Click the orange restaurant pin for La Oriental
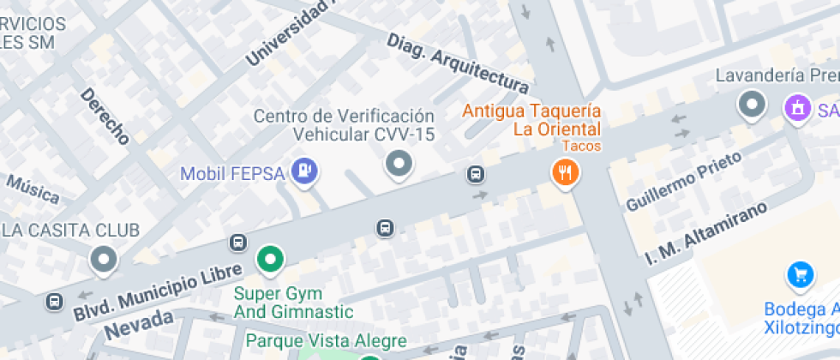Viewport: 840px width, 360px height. click(565, 172)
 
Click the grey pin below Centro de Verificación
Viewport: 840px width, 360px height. click(398, 163)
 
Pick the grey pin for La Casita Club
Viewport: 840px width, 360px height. click(105, 259)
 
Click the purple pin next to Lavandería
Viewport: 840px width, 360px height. click(798, 107)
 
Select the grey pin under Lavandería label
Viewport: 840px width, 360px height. click(752, 105)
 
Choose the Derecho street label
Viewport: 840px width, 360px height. click(105, 115)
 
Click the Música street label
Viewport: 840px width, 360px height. click(32, 189)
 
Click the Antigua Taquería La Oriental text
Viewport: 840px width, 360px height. click(532, 120)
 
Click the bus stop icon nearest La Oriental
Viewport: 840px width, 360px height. click(476, 174)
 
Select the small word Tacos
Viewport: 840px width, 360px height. click(582, 146)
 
